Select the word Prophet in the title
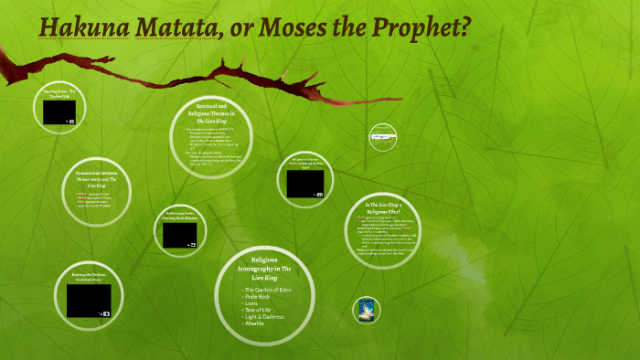[x=426, y=28]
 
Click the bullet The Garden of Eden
[x=269, y=289]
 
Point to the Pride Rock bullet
[x=259, y=296]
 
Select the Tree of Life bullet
[x=261, y=311]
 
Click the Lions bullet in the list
[x=252, y=303]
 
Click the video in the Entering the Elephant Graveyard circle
[x=89, y=300]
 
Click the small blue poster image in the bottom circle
[x=367, y=310]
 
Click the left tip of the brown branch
[x=5, y=72]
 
